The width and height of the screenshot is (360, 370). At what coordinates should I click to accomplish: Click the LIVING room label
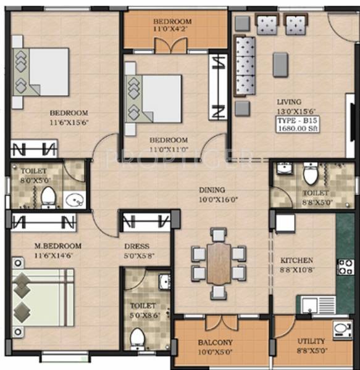click(289, 102)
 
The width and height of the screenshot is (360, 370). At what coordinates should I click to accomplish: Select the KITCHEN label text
click(296, 261)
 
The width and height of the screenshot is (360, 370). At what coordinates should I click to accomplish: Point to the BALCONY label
click(215, 343)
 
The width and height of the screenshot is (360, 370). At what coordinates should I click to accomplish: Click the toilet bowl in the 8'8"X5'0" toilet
click(310, 175)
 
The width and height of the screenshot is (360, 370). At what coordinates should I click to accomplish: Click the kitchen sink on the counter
click(317, 305)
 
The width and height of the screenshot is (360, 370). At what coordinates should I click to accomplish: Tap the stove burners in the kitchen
click(345, 267)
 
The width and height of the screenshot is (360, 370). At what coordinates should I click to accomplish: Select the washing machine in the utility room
click(342, 329)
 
